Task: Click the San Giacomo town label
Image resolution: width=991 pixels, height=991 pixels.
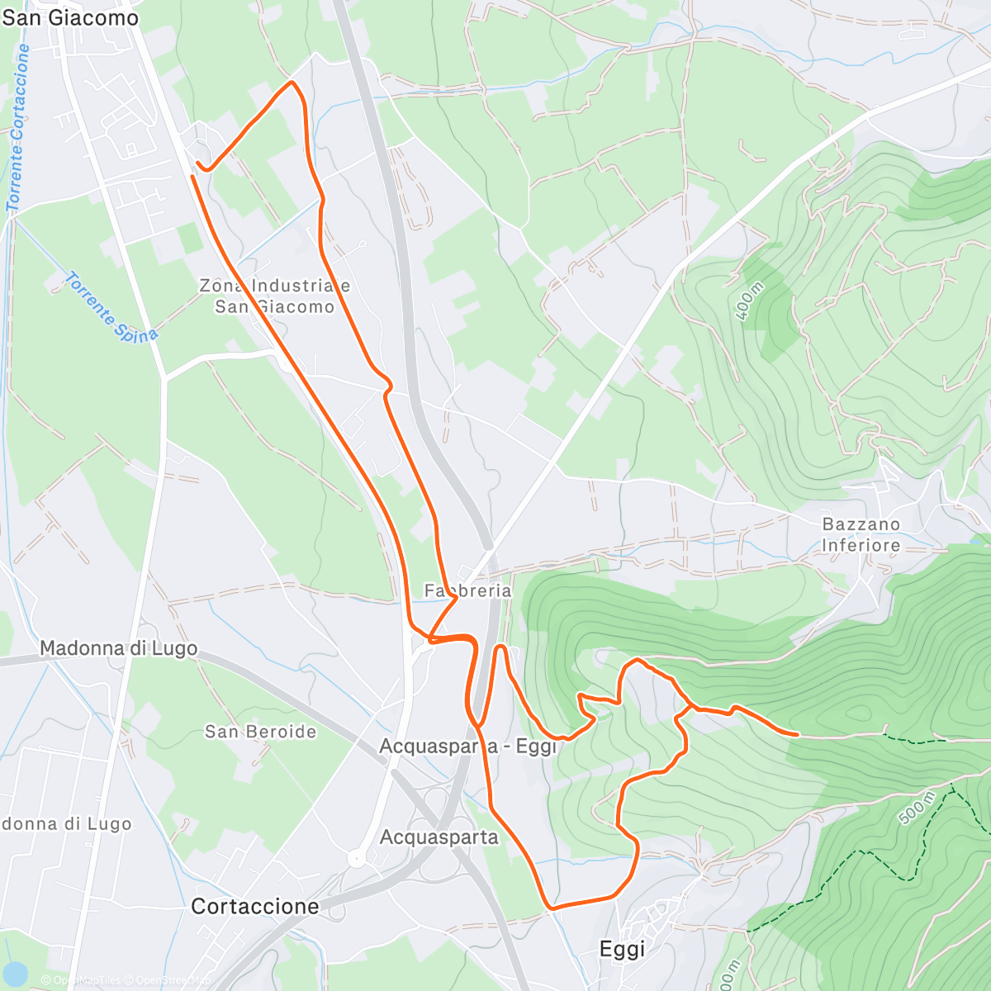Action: [70, 17]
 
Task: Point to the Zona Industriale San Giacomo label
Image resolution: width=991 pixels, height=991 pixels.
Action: [274, 296]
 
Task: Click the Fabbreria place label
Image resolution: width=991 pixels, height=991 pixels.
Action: [467, 591]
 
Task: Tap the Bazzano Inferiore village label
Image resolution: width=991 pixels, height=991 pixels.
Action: [861, 534]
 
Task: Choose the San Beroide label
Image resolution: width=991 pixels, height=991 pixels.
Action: [260, 732]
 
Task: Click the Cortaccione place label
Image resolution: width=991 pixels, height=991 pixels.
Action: [254, 906]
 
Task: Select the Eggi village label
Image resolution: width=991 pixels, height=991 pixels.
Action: [622, 950]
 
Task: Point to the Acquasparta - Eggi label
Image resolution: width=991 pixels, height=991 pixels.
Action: [468, 747]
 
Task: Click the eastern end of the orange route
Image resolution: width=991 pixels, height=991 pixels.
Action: [797, 733]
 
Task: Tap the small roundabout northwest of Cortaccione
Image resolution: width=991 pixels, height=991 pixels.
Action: [357, 859]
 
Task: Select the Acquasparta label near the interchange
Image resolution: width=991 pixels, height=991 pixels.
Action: [439, 837]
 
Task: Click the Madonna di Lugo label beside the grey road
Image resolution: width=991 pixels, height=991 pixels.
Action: [118, 648]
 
